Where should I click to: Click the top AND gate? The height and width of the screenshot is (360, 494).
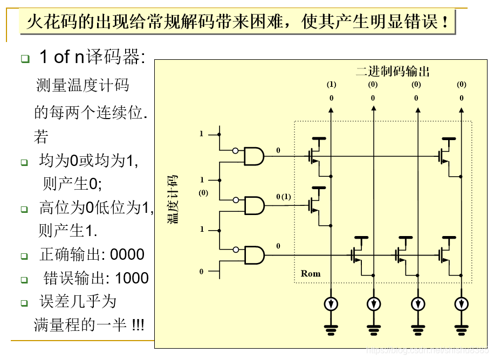point(254,156)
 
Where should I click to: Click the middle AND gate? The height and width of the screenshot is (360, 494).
point(254,205)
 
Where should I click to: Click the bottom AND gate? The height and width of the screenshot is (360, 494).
point(254,255)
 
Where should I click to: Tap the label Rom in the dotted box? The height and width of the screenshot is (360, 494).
point(311,274)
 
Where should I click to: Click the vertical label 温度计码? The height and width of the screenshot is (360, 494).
point(174,199)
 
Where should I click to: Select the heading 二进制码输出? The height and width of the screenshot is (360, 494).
point(393,72)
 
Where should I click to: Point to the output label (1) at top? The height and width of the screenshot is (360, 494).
point(331,85)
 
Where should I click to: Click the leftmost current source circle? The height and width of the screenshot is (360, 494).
point(331,304)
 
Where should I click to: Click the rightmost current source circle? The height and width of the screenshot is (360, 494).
point(461,304)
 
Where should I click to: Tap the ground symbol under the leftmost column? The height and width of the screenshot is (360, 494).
point(331,327)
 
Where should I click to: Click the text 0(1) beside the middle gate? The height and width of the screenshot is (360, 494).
point(283,197)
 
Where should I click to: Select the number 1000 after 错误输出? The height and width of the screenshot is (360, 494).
point(132,278)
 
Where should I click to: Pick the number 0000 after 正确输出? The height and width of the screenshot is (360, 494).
point(127,254)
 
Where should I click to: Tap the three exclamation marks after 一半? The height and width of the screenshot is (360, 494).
point(138,325)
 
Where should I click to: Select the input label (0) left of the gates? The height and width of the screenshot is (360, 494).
point(203,193)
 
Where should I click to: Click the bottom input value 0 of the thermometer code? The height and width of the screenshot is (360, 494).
point(202,272)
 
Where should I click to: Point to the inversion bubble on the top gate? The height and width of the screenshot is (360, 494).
point(236,151)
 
